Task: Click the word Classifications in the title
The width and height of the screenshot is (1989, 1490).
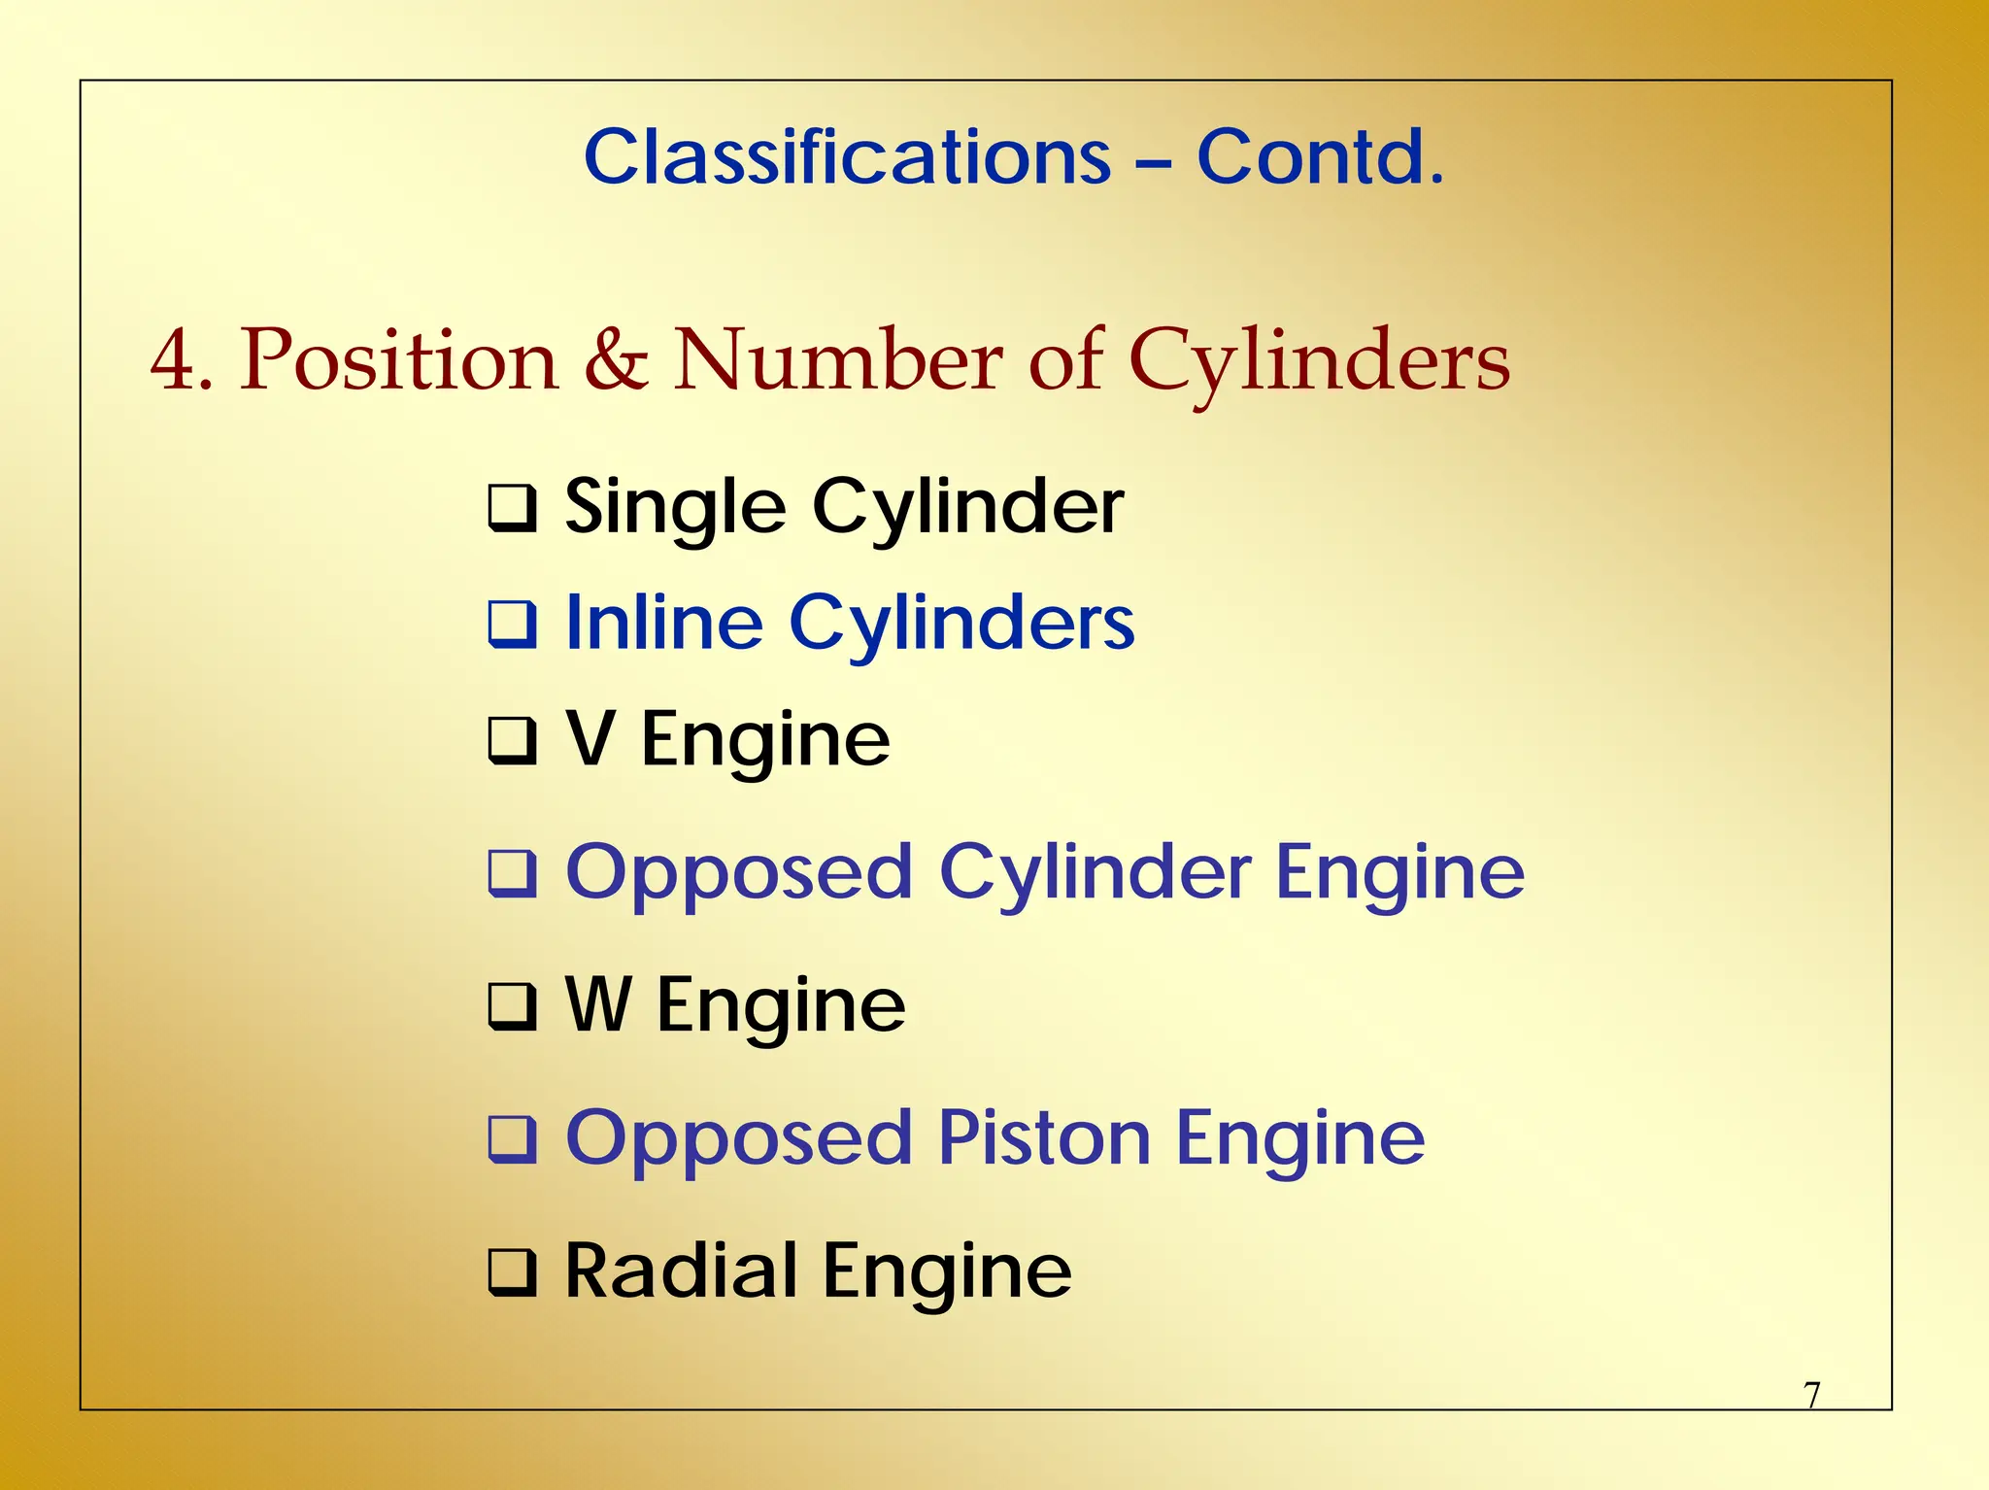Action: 847,157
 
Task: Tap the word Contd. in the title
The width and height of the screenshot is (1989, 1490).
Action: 1320,157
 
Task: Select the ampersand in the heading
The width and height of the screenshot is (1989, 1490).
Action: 617,359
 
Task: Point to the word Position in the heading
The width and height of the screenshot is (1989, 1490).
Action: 399,359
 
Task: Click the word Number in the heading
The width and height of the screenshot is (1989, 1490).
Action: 838,359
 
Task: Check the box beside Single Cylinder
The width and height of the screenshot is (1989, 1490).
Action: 512,509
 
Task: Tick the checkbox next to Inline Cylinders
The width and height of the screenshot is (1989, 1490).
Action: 512,625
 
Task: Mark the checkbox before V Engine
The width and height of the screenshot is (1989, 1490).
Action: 512,741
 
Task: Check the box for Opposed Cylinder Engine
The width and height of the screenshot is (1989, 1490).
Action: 512,873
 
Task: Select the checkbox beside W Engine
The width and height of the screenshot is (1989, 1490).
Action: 512,1006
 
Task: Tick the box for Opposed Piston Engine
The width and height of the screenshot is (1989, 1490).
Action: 512,1139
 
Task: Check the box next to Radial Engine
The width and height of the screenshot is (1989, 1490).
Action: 512,1272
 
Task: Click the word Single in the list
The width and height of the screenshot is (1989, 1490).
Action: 675,509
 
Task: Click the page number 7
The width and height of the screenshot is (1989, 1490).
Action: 1812,1395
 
